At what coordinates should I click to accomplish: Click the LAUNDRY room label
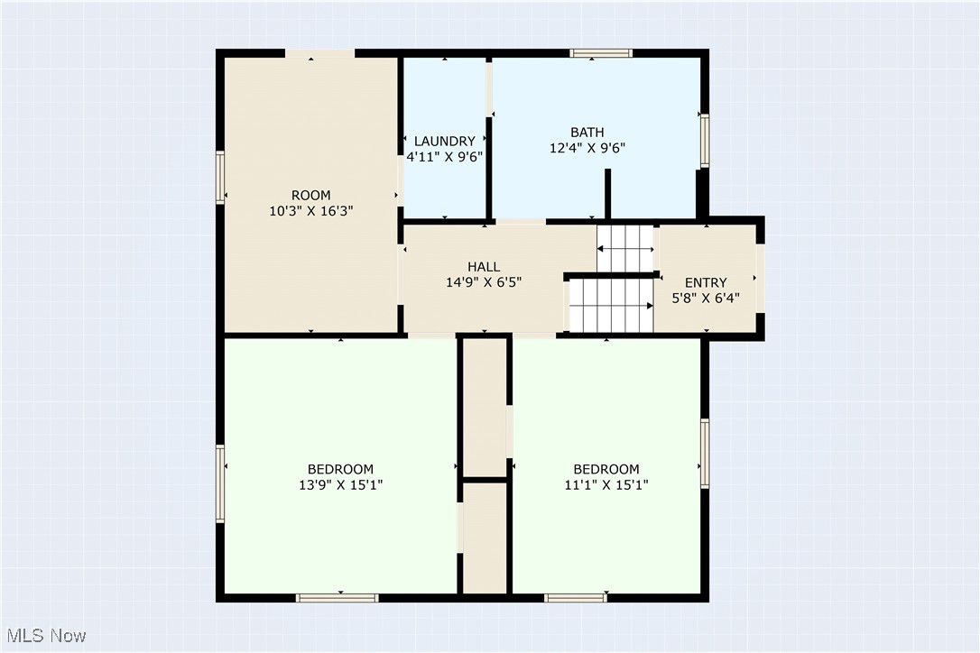[444, 141]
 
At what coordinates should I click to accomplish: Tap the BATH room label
[587, 133]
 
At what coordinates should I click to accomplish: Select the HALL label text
[484, 266]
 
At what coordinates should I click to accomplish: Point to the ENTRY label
[706, 282]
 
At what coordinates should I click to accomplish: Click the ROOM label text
[310, 195]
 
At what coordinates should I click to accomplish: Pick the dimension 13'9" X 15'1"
[340, 484]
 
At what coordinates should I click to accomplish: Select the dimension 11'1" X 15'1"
[606, 484]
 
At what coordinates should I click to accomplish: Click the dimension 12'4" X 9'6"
[587, 148]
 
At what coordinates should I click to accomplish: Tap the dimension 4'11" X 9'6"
[444, 156]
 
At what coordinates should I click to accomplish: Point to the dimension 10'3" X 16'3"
[310, 210]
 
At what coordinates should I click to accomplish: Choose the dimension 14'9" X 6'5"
[484, 281]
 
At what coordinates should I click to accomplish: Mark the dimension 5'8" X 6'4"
[706, 298]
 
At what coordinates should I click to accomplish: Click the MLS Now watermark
[43, 636]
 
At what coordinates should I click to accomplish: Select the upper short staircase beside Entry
[624, 248]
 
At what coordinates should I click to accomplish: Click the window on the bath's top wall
[601, 53]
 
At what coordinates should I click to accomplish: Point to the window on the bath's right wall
[704, 140]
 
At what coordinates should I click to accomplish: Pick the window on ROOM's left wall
[219, 178]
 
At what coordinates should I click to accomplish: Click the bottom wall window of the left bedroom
[337, 597]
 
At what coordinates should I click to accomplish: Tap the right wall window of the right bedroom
[704, 453]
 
